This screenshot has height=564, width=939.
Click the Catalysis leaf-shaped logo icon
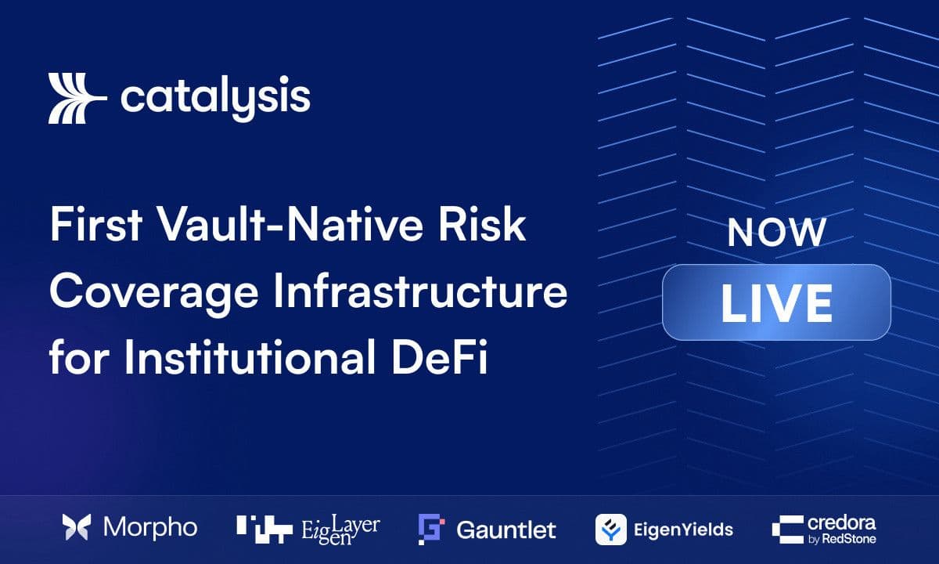pos(77,98)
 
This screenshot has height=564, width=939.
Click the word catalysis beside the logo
pos(216,98)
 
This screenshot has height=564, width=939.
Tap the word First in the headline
pos(96,224)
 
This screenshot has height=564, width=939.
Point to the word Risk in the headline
pos(482,224)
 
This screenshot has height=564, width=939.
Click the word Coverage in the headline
pos(154,292)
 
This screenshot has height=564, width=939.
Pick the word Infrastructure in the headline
pos(420,291)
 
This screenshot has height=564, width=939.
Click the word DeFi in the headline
pos(440,356)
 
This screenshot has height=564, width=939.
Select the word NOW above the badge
pos(777,232)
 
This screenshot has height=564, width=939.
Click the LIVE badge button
pos(777,302)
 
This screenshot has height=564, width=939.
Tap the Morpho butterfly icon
pos(77,527)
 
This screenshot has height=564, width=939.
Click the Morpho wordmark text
pos(150,528)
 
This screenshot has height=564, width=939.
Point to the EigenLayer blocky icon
pos(264,530)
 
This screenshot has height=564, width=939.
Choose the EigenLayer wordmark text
pos(341,530)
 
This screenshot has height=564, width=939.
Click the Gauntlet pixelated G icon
pos(431,530)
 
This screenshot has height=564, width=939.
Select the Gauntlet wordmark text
pos(506,530)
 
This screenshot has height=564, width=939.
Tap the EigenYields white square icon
pos(611,530)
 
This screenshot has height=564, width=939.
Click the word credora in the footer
pos(841,523)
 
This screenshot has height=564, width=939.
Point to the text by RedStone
pos(842,539)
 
